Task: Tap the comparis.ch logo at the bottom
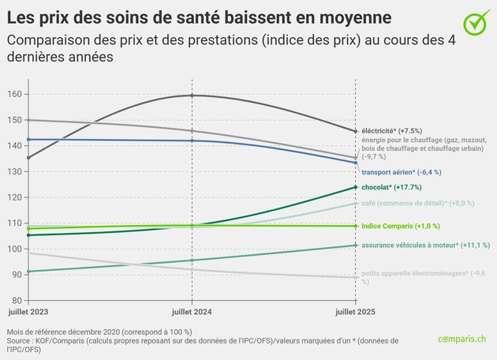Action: (463, 339)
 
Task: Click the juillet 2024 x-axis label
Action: (192, 312)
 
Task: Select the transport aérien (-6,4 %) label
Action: (401, 171)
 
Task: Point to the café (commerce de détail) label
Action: (418, 203)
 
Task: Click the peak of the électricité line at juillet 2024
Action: (192, 96)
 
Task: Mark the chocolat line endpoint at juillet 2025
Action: (356, 187)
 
